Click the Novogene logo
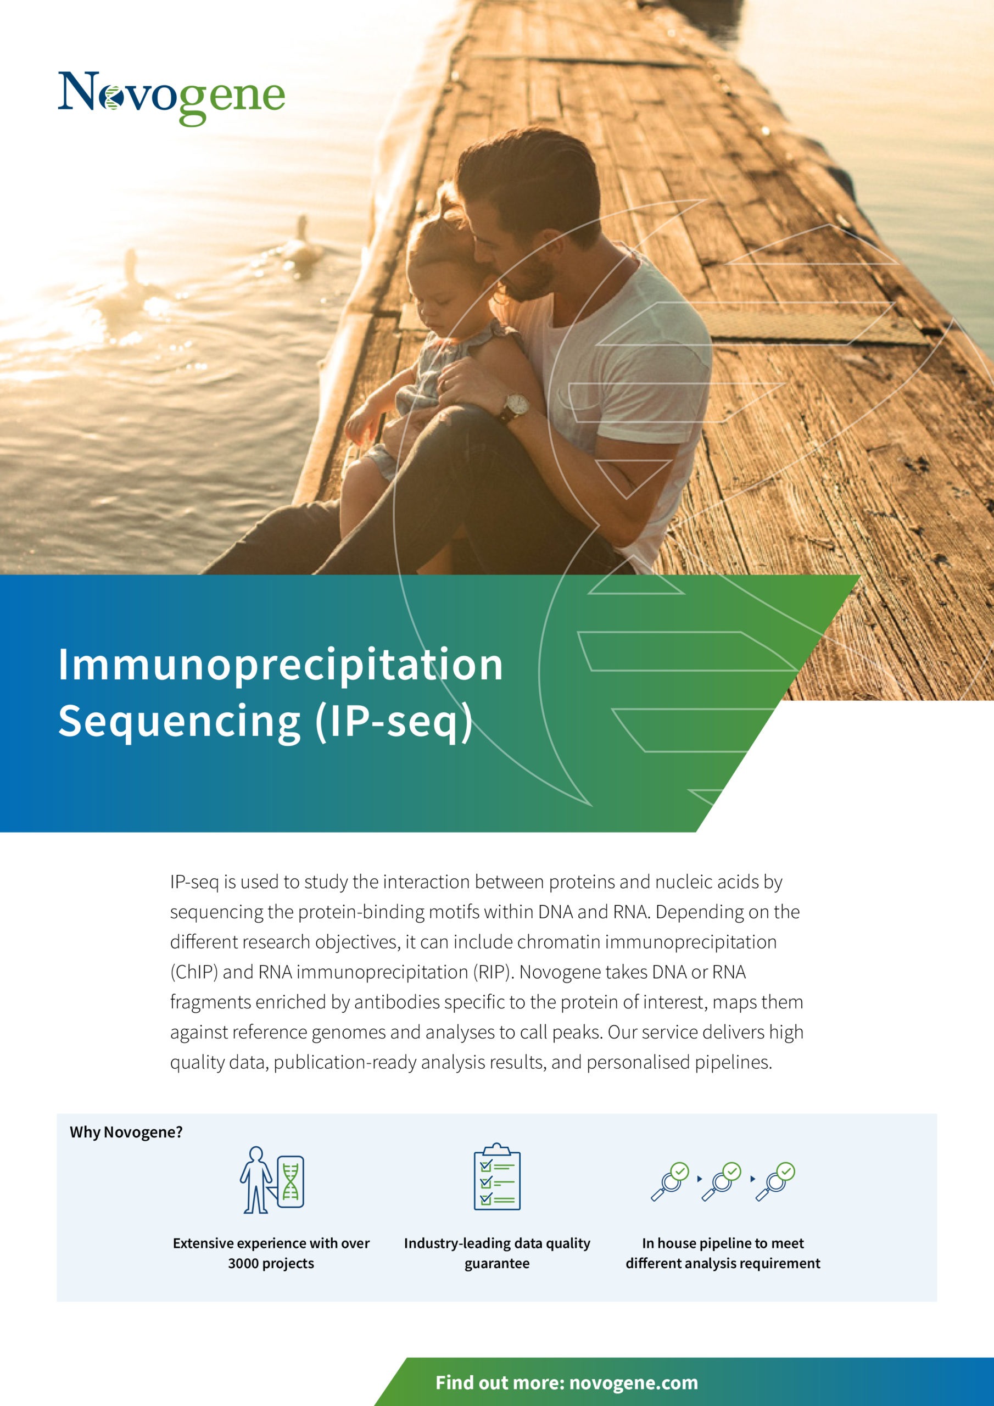[171, 98]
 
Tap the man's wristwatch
[515, 406]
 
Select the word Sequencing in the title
[180, 722]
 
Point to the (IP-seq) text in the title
[394, 722]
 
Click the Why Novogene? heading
[126, 1132]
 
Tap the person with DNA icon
[272, 1180]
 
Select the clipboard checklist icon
[496, 1176]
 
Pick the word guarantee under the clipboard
[496, 1264]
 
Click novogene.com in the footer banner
[633, 1383]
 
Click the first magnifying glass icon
[670, 1181]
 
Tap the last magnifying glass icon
[775, 1181]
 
